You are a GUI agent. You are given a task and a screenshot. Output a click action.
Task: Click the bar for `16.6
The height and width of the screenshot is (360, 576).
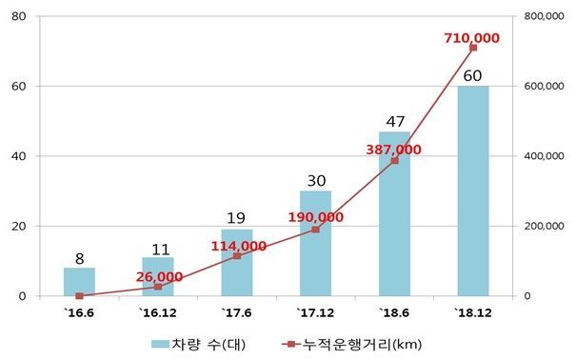pyautogui.click(x=80, y=282)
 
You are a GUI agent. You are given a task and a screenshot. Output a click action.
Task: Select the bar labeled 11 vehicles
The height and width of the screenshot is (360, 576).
pyautogui.click(x=158, y=277)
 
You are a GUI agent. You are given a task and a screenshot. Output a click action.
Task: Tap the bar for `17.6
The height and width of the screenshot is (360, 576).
pyautogui.click(x=237, y=263)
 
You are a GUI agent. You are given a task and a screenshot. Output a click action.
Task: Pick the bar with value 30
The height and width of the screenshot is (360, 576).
pyautogui.click(x=315, y=244)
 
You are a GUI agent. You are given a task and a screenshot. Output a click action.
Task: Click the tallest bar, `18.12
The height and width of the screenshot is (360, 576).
pyautogui.click(x=473, y=190)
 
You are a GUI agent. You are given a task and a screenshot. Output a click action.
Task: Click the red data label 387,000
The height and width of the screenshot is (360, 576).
pyautogui.click(x=393, y=150)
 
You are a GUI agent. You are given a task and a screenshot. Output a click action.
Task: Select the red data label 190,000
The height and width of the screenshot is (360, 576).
pyautogui.click(x=315, y=217)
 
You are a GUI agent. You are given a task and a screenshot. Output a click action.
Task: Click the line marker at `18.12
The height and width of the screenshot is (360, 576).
pyautogui.click(x=473, y=48)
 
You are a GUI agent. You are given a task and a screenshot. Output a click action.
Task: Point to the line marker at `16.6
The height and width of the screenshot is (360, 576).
pyautogui.click(x=80, y=296)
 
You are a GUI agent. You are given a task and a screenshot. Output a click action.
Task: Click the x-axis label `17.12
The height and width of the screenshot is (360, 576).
pyautogui.click(x=315, y=311)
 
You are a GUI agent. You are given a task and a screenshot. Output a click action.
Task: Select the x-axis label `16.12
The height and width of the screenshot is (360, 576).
pyautogui.click(x=158, y=311)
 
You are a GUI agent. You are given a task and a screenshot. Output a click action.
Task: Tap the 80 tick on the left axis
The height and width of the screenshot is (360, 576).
pyautogui.click(x=19, y=16)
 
